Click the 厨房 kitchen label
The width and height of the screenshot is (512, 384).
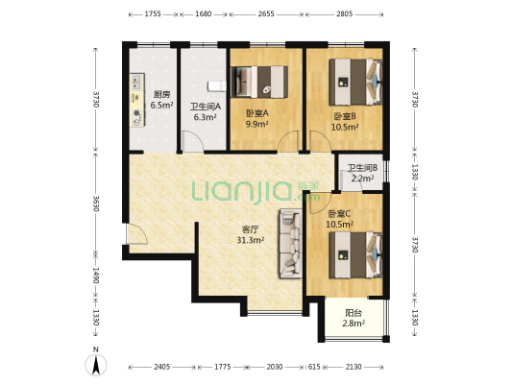[161, 95]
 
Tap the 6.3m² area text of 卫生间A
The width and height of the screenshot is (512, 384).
[205, 117]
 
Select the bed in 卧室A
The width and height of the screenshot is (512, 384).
[259, 82]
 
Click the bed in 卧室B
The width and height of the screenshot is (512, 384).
[355, 82]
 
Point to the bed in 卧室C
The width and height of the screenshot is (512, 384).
[355, 254]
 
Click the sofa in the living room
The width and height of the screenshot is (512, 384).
[290, 244]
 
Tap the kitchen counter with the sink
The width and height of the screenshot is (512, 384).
[137, 100]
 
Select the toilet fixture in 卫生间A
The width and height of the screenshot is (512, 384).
[217, 85]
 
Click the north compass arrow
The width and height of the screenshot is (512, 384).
[96, 366]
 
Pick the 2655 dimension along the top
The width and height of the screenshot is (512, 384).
[266, 14]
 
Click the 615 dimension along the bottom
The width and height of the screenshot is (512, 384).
[314, 367]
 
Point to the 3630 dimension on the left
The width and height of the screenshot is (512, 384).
[95, 204]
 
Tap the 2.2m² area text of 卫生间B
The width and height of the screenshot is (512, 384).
[362, 179]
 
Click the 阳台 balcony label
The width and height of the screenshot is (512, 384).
[354, 313]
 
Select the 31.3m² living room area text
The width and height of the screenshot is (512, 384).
[251, 240]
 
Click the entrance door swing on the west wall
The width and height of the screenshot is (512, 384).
[136, 233]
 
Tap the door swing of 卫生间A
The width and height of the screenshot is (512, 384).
[192, 141]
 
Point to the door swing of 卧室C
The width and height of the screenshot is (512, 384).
[320, 204]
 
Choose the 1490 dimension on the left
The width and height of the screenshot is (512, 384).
[95, 276]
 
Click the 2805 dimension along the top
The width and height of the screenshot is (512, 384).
[345, 14]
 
